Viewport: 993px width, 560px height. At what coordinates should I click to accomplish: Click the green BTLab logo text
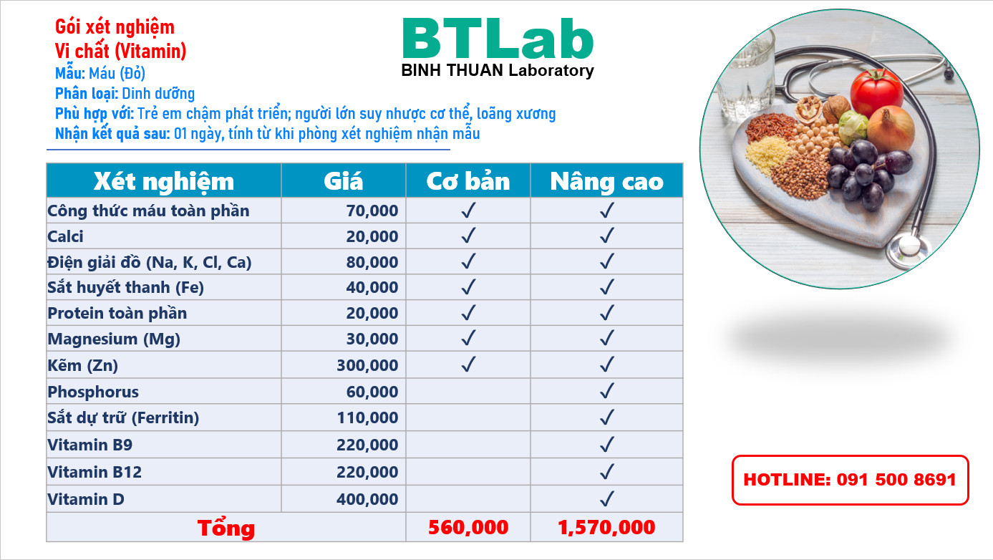tap(498, 39)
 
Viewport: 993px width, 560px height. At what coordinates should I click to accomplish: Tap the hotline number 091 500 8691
tap(896, 480)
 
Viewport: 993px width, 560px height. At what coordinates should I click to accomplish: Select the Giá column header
tap(343, 181)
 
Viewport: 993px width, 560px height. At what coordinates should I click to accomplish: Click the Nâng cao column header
tap(606, 181)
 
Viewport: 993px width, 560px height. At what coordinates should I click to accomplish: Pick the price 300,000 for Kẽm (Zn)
tap(367, 365)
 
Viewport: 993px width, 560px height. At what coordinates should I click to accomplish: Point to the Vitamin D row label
tap(86, 499)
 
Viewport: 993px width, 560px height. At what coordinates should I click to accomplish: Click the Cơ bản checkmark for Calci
tap(468, 236)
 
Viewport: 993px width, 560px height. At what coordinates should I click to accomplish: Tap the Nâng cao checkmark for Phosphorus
tap(607, 391)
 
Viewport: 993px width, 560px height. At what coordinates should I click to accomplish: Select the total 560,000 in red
tap(468, 527)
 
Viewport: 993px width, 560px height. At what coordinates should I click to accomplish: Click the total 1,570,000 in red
tap(606, 527)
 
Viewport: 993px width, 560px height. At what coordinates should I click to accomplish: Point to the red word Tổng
tap(226, 528)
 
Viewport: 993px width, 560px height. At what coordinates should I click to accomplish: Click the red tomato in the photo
tap(876, 93)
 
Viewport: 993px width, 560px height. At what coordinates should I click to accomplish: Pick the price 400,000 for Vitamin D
tap(367, 499)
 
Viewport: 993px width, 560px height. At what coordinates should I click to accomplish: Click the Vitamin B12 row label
tap(95, 472)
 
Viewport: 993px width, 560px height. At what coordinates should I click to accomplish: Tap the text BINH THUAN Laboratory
tap(498, 70)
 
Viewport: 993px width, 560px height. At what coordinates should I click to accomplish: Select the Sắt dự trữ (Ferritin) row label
tap(123, 417)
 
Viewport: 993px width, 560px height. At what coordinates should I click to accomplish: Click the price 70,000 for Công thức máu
tap(372, 211)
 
